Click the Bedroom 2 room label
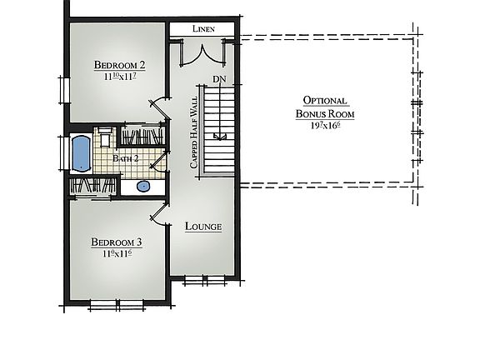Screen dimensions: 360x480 tap(118, 65)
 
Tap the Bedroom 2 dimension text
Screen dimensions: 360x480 tap(118, 77)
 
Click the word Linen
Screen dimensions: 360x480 tap(203, 29)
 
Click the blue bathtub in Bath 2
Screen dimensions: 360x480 tap(82, 154)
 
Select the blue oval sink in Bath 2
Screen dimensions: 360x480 tap(143, 186)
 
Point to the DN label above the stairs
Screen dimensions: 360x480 tap(219, 79)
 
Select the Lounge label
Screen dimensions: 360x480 tap(203, 226)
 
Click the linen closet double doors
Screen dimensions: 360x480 tap(202, 52)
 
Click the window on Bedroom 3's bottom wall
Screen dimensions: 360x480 tap(110, 302)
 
